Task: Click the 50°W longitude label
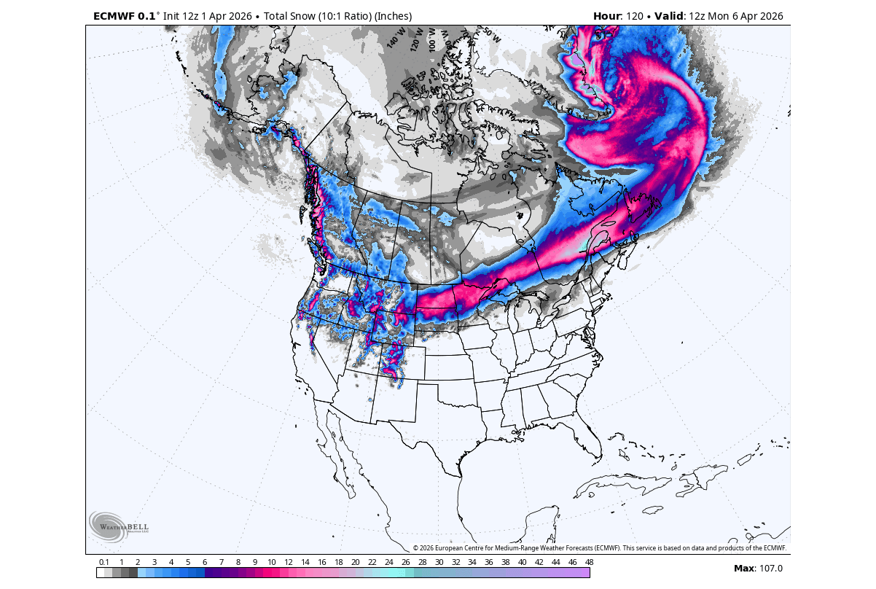click(491, 34)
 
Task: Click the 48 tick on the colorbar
click(589, 562)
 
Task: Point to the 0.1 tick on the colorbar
click(104, 562)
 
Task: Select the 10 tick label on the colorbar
click(271, 562)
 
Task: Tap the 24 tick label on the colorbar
click(388, 562)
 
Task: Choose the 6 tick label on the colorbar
click(205, 562)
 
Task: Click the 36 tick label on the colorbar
click(489, 562)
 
